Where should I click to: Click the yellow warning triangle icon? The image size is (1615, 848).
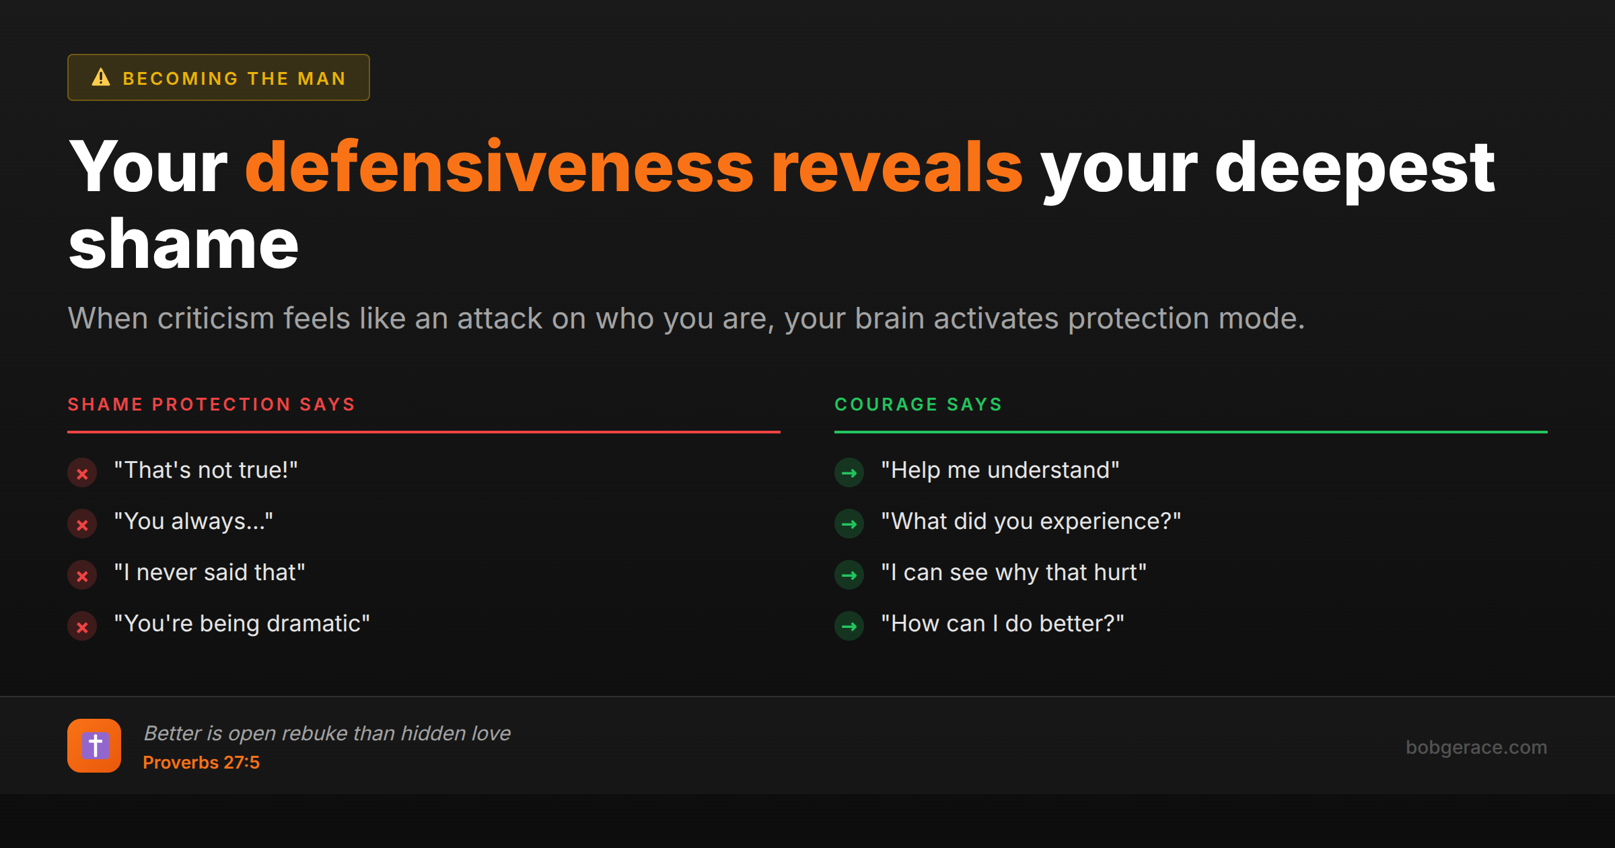(x=101, y=77)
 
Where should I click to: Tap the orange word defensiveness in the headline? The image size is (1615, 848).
(x=499, y=166)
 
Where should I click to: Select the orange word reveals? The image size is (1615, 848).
(x=897, y=166)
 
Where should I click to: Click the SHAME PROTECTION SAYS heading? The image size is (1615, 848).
(x=211, y=404)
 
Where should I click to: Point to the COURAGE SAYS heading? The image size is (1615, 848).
(x=919, y=404)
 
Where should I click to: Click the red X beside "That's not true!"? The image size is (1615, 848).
(x=82, y=473)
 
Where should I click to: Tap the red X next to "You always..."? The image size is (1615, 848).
(x=82, y=524)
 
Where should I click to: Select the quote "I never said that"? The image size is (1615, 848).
(x=210, y=572)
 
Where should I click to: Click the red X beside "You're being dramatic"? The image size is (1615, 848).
(x=82, y=627)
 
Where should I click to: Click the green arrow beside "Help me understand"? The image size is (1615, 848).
(x=849, y=473)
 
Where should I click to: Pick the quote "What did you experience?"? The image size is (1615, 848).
(x=1032, y=522)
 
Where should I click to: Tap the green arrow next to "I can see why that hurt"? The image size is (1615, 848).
(x=849, y=575)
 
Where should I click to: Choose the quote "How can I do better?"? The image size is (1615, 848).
(x=1003, y=623)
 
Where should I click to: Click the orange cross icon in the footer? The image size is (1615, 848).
(x=94, y=746)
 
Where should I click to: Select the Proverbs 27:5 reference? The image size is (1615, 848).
(x=201, y=763)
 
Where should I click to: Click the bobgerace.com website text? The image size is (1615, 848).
(x=1476, y=747)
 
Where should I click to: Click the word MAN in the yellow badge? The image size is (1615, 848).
(x=322, y=79)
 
